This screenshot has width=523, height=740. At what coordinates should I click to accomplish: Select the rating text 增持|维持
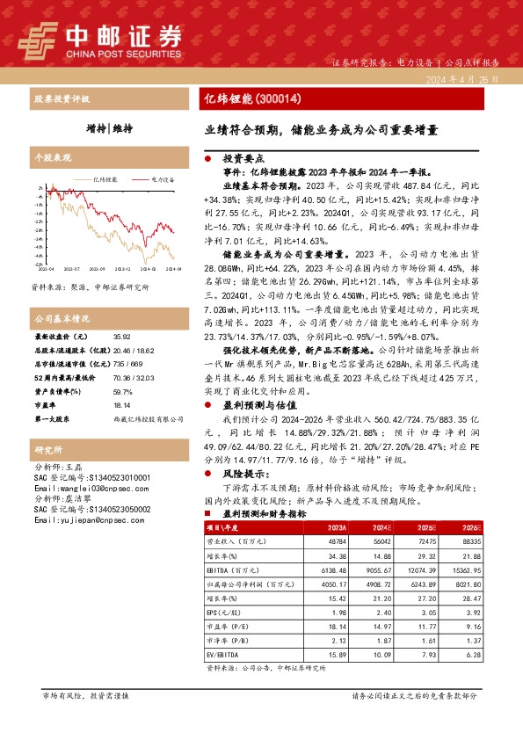coord(110,128)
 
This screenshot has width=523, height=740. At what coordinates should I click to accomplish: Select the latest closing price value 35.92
coord(122,337)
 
